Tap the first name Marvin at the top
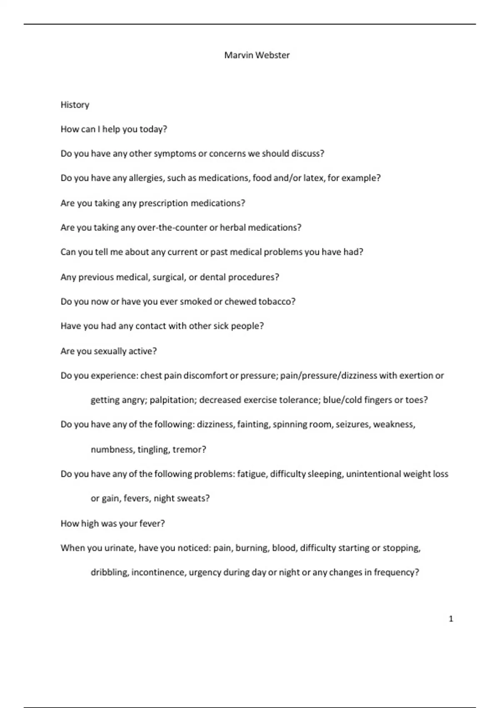[239, 55]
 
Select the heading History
[75, 105]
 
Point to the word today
[153, 129]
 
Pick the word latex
[313, 178]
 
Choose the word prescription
[163, 203]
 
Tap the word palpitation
[172, 400]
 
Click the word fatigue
[252, 474]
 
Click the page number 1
[451, 619]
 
